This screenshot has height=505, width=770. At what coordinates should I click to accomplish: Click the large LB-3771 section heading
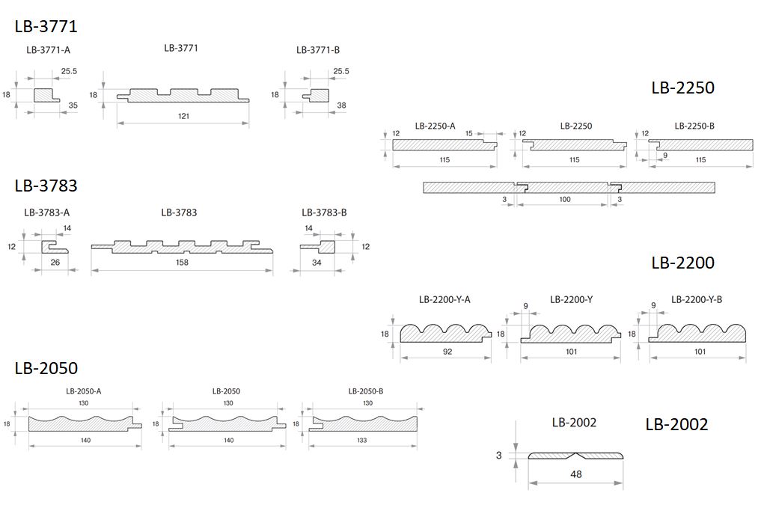pos(46,26)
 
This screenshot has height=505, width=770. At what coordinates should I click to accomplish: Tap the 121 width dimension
pos(183,116)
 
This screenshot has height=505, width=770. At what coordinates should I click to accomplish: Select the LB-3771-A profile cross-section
pos(46,95)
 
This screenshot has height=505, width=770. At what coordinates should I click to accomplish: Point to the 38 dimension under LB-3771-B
pos(341,105)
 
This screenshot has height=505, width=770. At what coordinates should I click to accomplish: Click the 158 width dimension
pos(182,262)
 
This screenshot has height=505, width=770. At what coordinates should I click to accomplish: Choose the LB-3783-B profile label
pos(324,212)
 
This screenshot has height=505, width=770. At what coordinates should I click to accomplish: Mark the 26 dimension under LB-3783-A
pos(55,262)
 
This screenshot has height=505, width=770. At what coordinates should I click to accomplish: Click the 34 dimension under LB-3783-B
pos(317,263)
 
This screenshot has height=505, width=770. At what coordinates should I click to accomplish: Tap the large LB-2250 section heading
pos(682,88)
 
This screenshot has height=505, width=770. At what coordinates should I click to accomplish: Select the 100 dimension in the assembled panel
pos(565,199)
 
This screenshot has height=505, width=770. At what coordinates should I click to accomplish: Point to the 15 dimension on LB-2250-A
pos(469,133)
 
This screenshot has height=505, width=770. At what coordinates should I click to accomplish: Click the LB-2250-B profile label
pos(694,126)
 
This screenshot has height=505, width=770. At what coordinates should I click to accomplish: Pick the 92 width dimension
pos(447,352)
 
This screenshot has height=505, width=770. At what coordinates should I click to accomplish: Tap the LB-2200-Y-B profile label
pos(697,299)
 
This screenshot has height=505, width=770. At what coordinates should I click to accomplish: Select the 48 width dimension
pos(576,474)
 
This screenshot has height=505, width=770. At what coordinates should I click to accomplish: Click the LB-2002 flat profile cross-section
pos(575,456)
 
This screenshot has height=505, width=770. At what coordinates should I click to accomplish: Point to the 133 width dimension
pos(362,440)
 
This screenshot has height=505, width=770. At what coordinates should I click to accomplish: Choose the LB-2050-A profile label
pos(84,391)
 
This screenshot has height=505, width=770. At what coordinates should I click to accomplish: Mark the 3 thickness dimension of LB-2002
pos(499,456)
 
